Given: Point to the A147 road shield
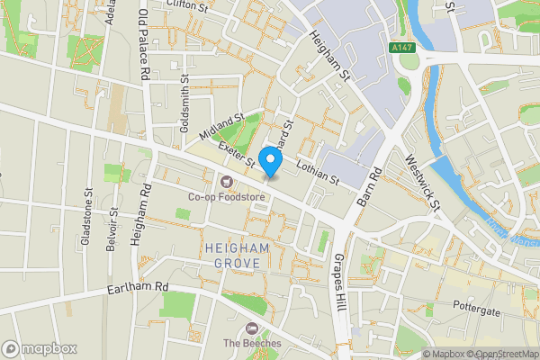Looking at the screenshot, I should click(402, 46).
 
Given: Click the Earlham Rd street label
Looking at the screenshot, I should click(138, 287).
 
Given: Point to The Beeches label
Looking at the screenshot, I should click(252, 343).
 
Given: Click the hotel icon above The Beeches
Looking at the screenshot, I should click(252, 328).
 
